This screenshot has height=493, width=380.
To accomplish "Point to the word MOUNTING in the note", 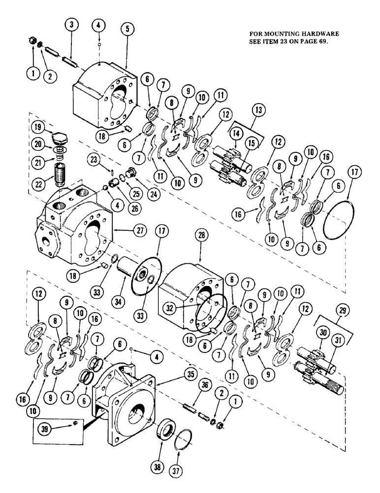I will [x=286, y=34].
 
